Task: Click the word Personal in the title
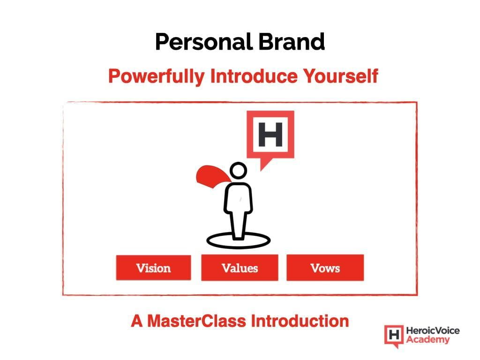pos(204,42)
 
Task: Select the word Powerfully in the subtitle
pos(156,76)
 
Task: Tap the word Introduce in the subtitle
pos(254,76)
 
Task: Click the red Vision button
pos(153,268)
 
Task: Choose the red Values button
pos(240,268)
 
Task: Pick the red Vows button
pos(325,268)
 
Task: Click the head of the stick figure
pos(238,171)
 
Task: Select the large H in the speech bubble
pos(270,135)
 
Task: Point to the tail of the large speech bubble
pos(264,164)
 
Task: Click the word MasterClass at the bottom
pos(196,321)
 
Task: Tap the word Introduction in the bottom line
pos(300,321)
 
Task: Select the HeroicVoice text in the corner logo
pos(433,330)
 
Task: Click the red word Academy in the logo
pos(428,339)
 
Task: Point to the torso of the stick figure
pos(238,197)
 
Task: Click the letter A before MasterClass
pos(137,321)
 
